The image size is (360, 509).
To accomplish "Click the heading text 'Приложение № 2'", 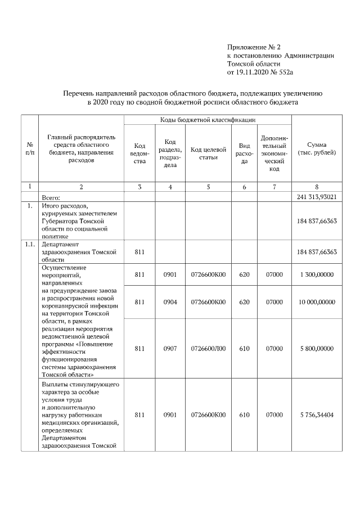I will click(x=249, y=47).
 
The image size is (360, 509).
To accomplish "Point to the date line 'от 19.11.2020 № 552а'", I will click(x=262, y=73).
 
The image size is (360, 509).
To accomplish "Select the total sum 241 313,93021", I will click(x=316, y=197).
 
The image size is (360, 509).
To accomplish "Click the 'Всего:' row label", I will click(x=55, y=197).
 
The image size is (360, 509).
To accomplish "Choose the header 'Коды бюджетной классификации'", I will click(x=208, y=120).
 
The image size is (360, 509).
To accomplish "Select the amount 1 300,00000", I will click(x=316, y=274).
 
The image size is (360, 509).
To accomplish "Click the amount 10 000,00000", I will click(x=316, y=302).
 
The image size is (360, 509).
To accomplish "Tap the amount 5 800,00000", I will click(x=316, y=349).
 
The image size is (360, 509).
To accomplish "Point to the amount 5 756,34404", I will click(x=316, y=415).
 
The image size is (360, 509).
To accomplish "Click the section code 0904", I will click(x=170, y=302).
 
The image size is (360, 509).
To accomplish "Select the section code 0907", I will click(x=170, y=349).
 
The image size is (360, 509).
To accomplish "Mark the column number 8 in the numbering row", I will click(x=316, y=187).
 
